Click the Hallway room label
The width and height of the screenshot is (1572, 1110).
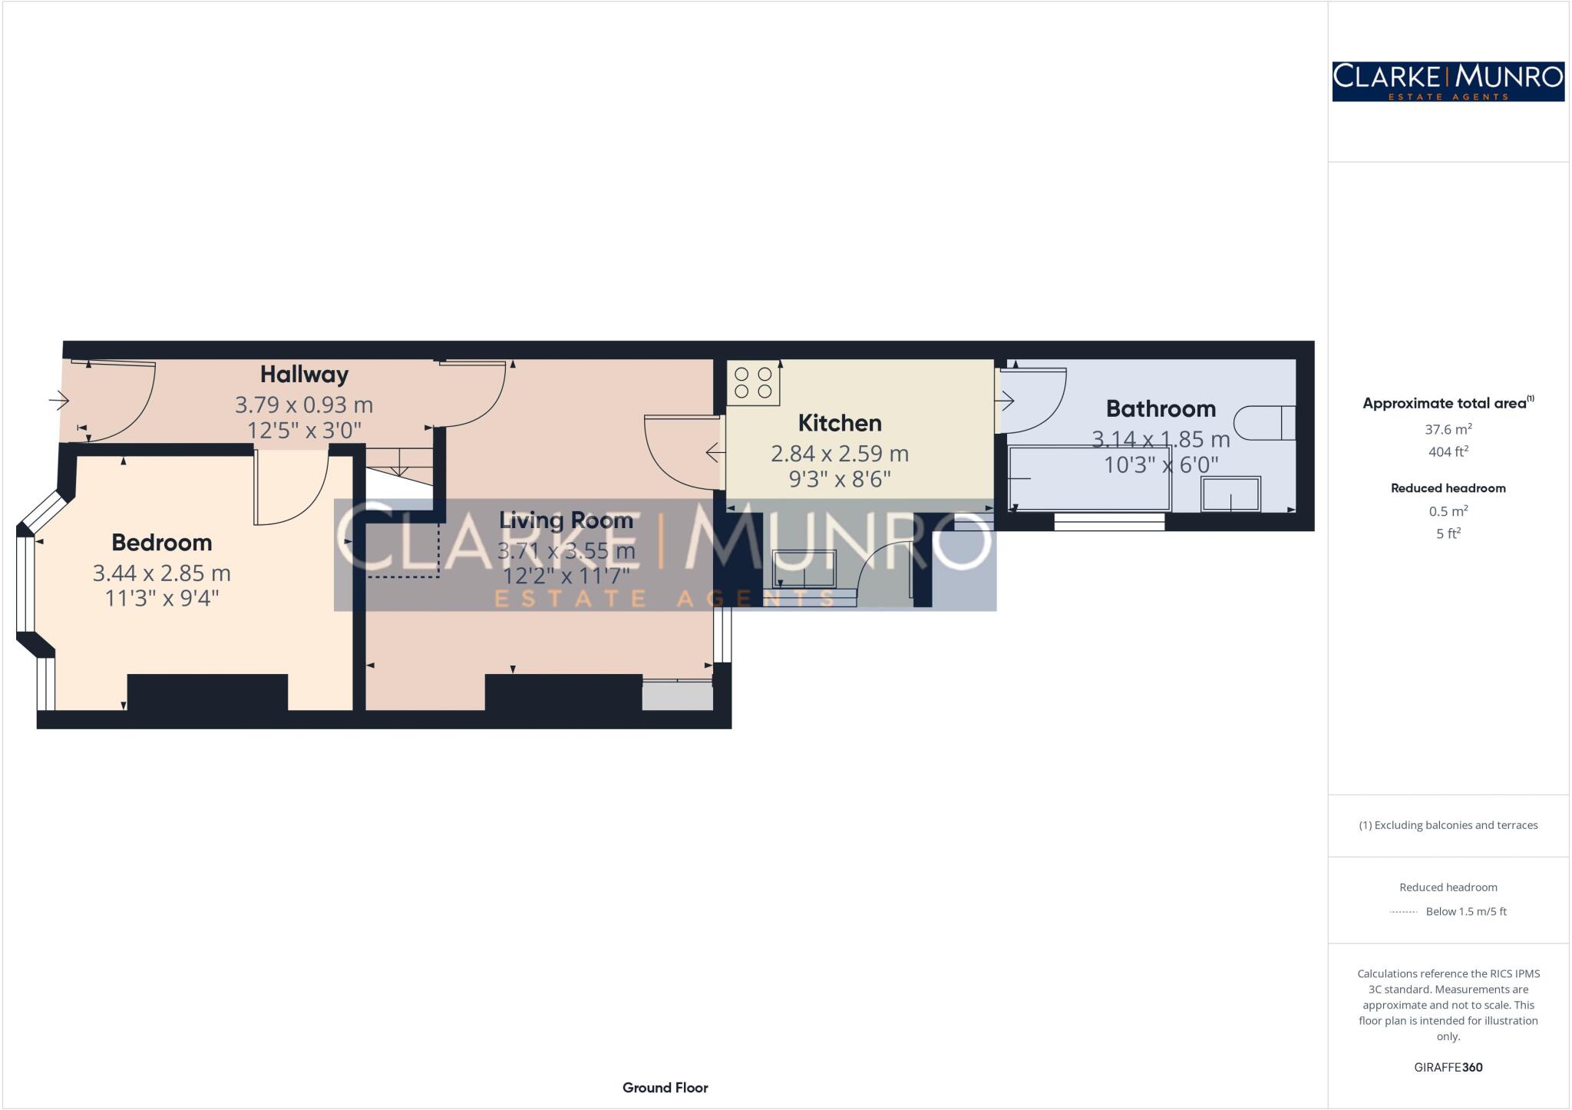pyautogui.click(x=304, y=375)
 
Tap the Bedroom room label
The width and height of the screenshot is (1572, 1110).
pyautogui.click(x=161, y=543)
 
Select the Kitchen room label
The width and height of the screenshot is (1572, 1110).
pyautogui.click(x=839, y=423)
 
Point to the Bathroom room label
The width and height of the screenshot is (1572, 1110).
pyautogui.click(x=1161, y=408)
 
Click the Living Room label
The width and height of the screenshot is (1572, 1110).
pyautogui.click(x=566, y=520)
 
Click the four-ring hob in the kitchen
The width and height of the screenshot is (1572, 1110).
pyautogui.click(x=753, y=383)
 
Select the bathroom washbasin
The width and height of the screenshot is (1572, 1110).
pyautogui.click(x=1230, y=494)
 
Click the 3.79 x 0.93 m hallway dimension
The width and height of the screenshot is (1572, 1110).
pyautogui.click(x=304, y=405)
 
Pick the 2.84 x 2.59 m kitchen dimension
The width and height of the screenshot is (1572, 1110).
pyautogui.click(x=840, y=454)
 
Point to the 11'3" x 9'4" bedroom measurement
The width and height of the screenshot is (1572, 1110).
pyautogui.click(x=162, y=598)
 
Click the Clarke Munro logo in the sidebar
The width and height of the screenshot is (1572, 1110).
pyautogui.click(x=1448, y=81)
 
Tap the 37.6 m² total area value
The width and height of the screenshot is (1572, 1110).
pyautogui.click(x=1448, y=429)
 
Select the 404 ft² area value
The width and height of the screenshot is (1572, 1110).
pyautogui.click(x=1448, y=452)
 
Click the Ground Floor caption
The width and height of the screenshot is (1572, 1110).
pyautogui.click(x=665, y=1088)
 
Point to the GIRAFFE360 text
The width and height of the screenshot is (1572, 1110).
pyautogui.click(x=1448, y=1067)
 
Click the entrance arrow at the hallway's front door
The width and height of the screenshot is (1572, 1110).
pyautogui.click(x=59, y=400)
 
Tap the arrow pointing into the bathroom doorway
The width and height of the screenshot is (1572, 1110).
pyautogui.click(x=1005, y=400)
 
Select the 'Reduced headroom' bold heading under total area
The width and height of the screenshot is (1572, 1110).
pyautogui.click(x=1448, y=488)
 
